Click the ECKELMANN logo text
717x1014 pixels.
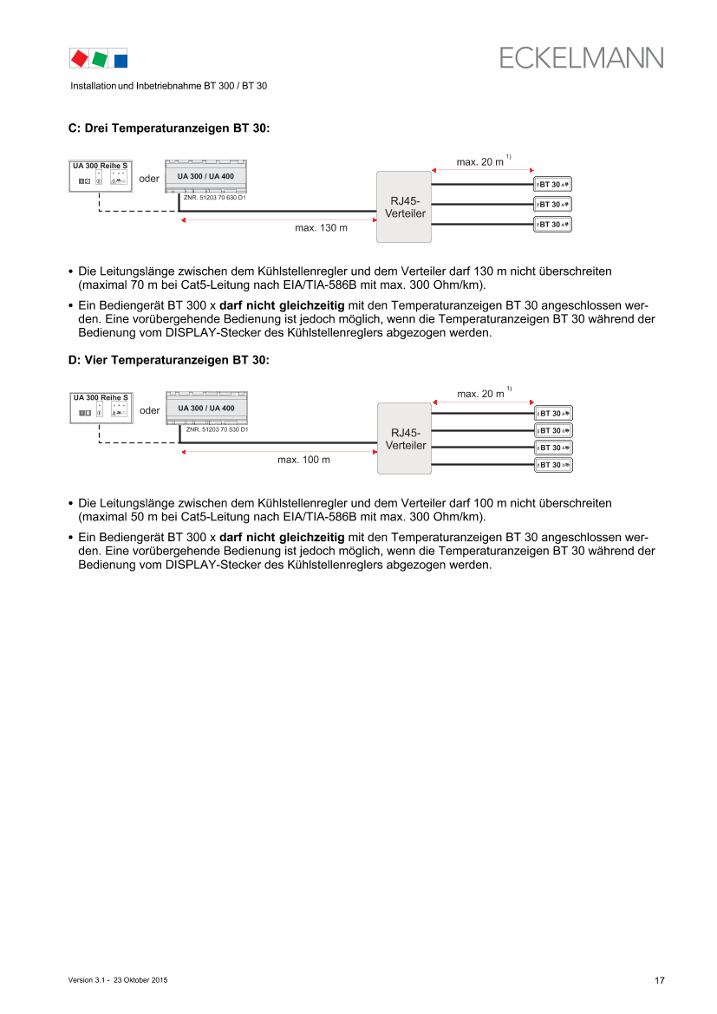click(581, 57)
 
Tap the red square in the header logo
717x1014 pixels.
click(79, 58)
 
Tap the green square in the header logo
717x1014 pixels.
click(100, 58)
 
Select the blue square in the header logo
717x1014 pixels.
click(121, 60)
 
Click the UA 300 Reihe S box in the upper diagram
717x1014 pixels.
click(101, 175)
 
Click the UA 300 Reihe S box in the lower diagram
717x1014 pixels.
click(101, 408)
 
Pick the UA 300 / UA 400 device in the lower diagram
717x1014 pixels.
click(206, 409)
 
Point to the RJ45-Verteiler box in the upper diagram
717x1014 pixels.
click(404, 206)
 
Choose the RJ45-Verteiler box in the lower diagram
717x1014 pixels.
click(404, 439)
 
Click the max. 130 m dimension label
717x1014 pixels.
click(322, 229)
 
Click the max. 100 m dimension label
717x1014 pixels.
click(303, 460)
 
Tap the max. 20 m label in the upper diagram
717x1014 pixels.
click(480, 162)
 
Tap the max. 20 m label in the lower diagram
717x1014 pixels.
click(480, 394)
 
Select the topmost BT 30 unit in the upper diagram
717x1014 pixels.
click(553, 184)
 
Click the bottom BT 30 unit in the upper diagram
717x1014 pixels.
click(553, 225)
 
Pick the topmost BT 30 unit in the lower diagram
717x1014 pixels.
click(553, 413)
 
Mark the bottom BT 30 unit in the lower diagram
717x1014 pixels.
click(553, 466)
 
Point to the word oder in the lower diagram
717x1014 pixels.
click(149, 410)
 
